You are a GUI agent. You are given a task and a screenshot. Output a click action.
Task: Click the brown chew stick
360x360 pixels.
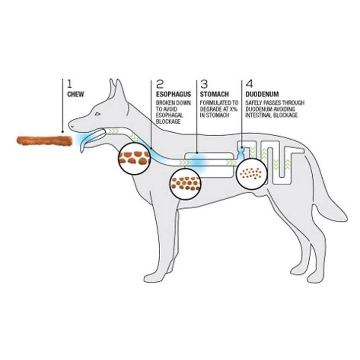tap(44, 141)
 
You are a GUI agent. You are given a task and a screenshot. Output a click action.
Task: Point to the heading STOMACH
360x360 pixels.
tap(215, 94)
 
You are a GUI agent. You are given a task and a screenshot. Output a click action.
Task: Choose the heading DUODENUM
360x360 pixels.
tap(262, 94)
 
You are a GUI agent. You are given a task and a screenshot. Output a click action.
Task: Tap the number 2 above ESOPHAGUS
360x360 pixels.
tap(160, 84)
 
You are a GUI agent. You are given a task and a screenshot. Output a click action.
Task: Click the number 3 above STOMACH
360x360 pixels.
tap(204, 84)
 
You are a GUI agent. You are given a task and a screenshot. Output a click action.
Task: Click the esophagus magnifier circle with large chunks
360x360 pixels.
tap(134, 158)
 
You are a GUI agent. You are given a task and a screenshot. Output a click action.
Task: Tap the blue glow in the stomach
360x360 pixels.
tap(197, 160)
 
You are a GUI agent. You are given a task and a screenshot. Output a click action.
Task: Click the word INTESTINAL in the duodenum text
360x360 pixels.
tap(260, 116)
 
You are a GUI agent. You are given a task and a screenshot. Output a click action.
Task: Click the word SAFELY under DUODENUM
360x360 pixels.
tap(254, 103)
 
